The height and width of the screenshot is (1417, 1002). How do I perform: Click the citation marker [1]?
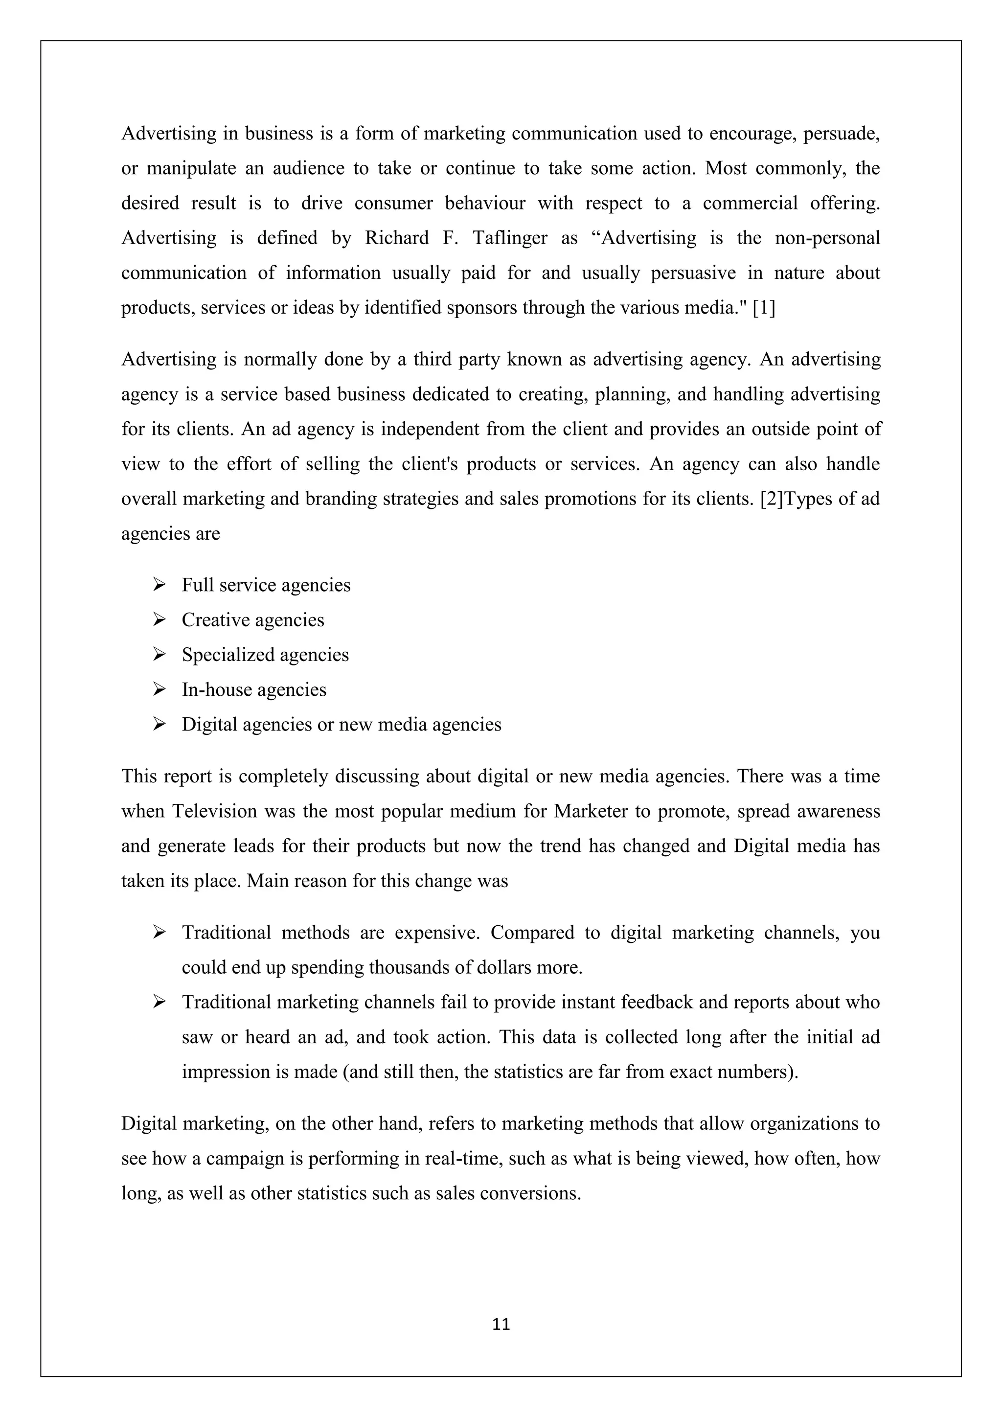764,307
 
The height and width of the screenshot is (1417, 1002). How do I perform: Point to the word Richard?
397,238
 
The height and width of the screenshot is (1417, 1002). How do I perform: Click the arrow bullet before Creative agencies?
159,619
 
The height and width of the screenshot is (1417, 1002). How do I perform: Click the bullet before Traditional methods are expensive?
159,932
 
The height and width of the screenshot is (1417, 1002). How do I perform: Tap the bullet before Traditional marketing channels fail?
159,1002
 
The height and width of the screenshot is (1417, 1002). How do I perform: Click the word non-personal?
827,238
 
